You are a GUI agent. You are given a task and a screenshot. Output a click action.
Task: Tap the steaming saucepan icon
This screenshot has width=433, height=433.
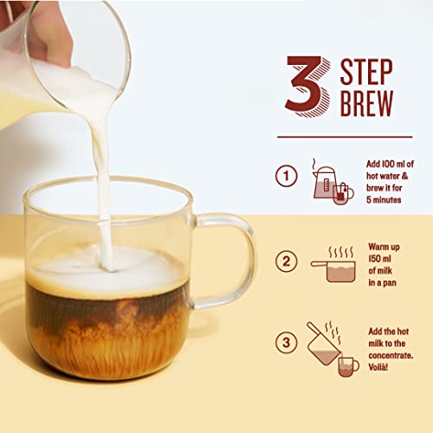333,263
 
